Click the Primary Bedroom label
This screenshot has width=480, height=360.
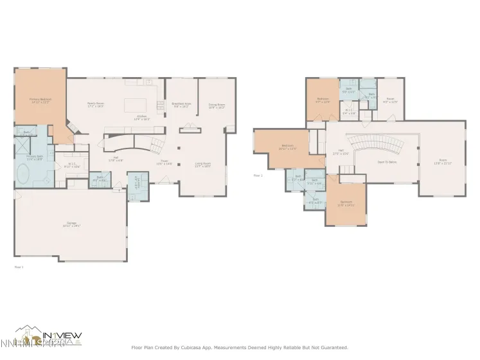point(40,100)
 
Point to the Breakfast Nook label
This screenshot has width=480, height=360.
point(180,105)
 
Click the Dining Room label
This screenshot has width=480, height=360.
point(217,105)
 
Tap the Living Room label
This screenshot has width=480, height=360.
point(203,165)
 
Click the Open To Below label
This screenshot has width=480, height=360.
point(386,161)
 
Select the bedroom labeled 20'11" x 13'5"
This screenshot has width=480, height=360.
point(287,147)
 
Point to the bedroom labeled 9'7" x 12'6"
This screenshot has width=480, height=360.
point(322,100)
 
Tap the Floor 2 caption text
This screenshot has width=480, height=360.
point(258,175)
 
